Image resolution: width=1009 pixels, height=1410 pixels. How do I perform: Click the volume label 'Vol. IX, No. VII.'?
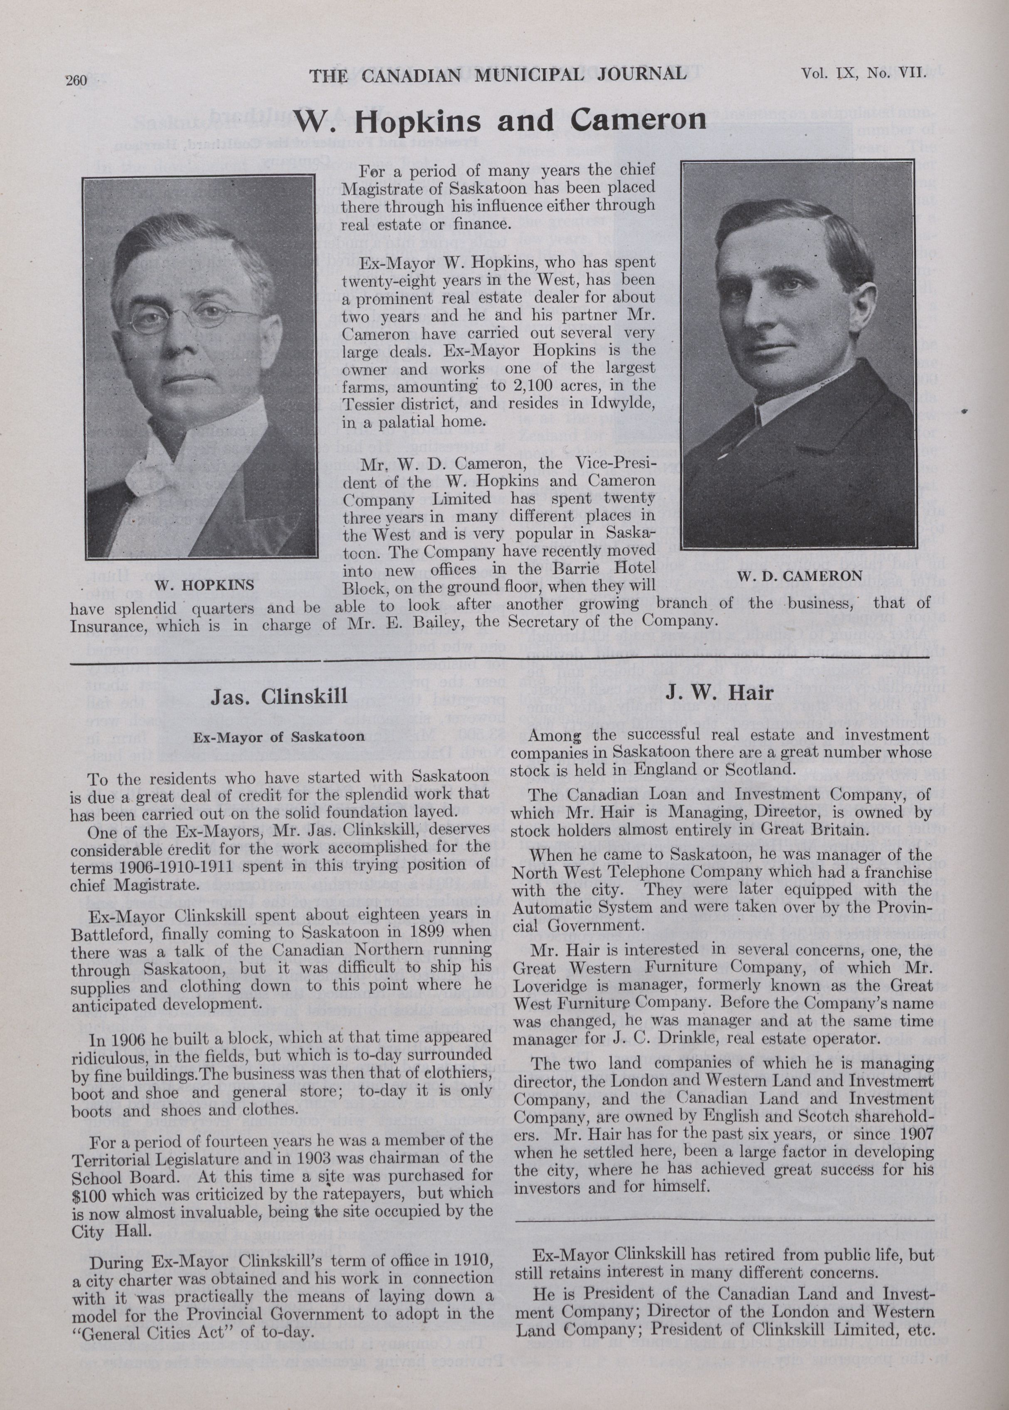pos(863,73)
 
